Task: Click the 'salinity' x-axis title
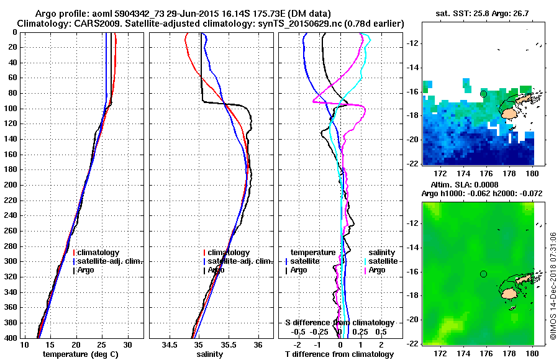(211, 354)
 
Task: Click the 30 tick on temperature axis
(128, 344)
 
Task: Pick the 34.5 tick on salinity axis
(170, 344)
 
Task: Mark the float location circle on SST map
(483, 94)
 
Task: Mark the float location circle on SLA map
(483, 274)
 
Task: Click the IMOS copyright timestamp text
(552, 286)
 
